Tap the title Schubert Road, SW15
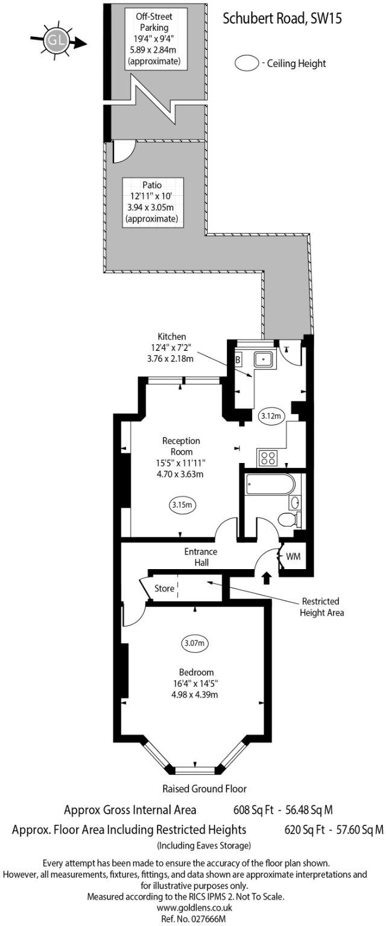(282, 19)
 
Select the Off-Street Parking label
(155, 22)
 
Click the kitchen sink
(264, 360)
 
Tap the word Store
(164, 588)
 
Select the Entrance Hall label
(201, 557)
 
